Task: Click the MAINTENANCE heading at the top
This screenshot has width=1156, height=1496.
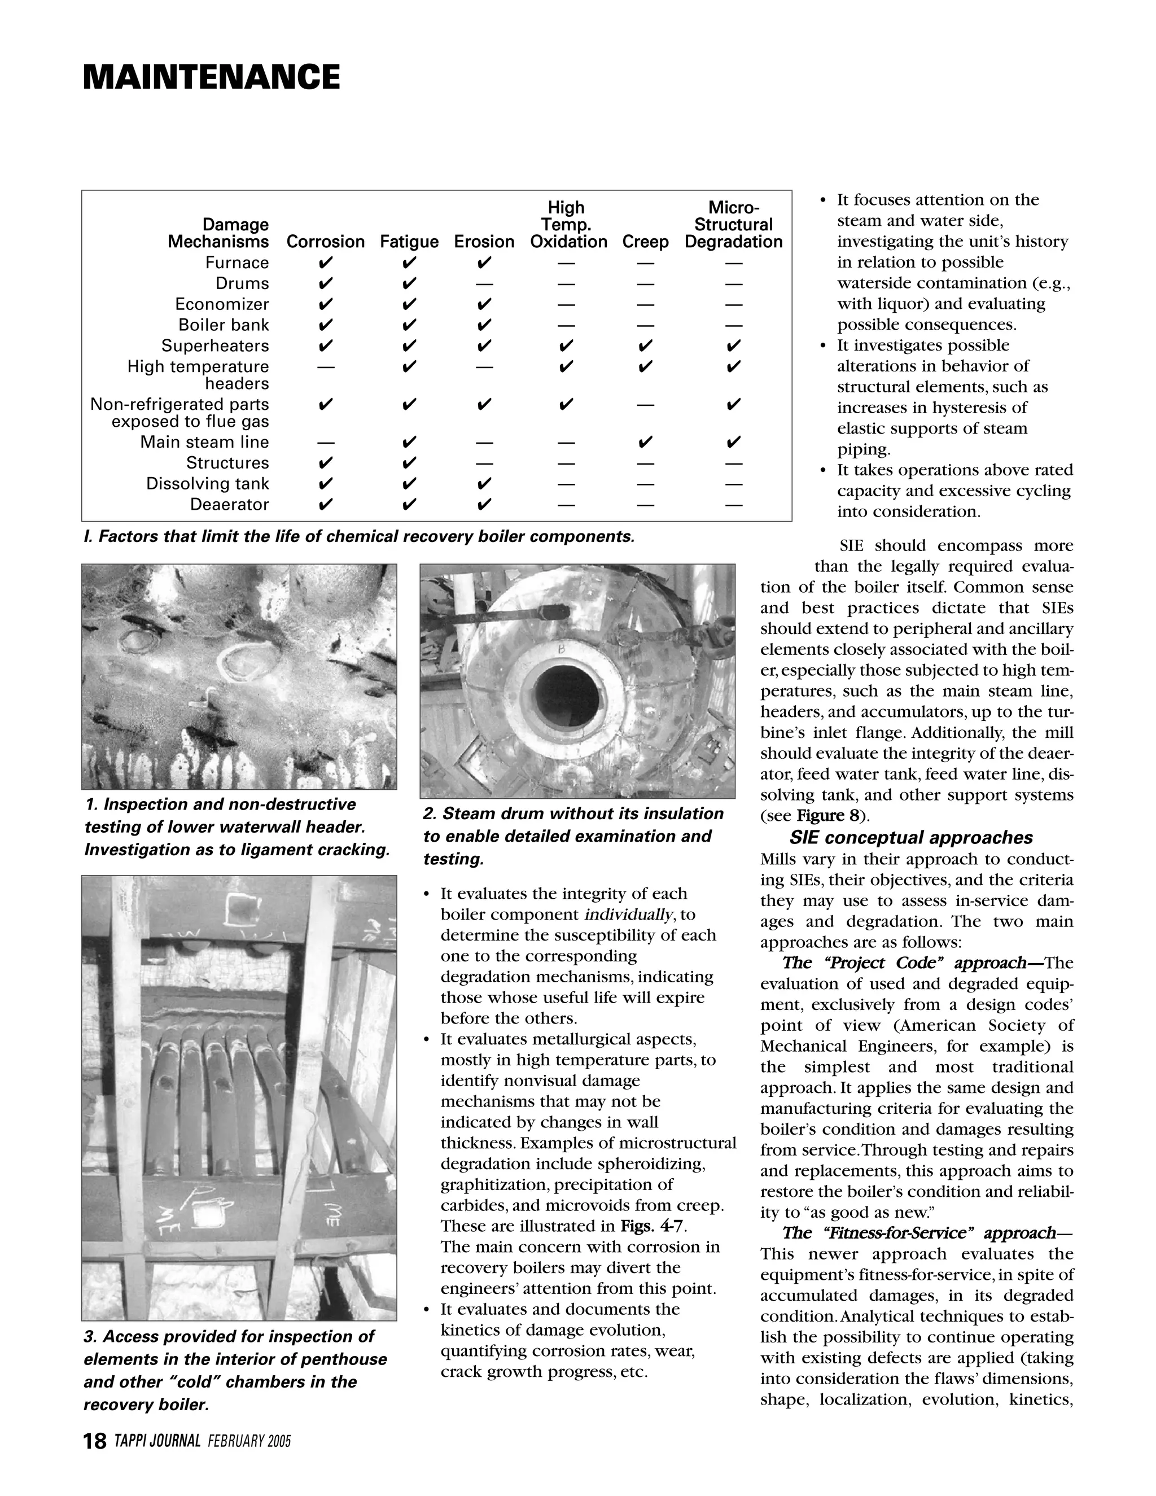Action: [x=211, y=77]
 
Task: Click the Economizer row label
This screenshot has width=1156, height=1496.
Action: [x=222, y=304]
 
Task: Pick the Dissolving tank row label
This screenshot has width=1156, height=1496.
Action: [x=208, y=484]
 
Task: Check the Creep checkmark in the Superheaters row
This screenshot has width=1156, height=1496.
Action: [x=645, y=345]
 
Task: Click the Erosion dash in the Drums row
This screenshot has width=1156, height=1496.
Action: [x=484, y=283]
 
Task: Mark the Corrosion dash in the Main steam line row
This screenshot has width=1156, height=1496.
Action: [x=326, y=443]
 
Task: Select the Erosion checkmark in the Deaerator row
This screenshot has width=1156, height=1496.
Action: [x=484, y=505]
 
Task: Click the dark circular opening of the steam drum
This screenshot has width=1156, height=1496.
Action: [x=568, y=693]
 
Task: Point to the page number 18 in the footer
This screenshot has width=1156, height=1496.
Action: [x=94, y=1441]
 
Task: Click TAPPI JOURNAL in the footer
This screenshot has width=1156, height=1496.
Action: [x=157, y=1441]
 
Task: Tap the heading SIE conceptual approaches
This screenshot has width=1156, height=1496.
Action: [x=911, y=838]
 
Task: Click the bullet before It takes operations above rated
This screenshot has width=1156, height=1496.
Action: [x=823, y=471]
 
